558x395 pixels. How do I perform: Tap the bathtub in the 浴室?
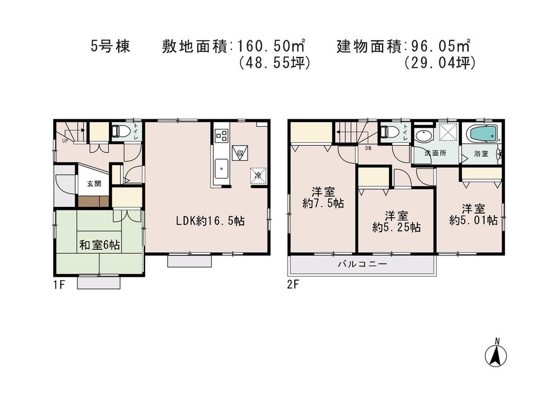pos(482,134)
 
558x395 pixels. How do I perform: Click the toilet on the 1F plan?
pos(121,132)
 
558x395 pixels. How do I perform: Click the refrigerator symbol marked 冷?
pos(258,175)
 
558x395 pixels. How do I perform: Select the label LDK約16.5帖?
pos(210,221)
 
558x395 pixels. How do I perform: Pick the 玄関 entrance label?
pos(93,184)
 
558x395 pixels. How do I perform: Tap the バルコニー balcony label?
pos(362,264)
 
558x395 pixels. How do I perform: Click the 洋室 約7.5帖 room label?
pos(322,197)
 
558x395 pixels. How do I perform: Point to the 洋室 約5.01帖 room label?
pos(473,214)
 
